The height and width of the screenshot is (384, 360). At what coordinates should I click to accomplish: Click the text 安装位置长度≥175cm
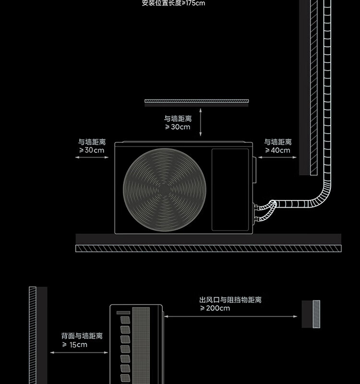173,3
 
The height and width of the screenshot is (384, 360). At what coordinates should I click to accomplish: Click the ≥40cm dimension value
277,150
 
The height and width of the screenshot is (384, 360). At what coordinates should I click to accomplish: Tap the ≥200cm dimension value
215,308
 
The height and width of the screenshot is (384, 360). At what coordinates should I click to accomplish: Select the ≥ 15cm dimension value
74,345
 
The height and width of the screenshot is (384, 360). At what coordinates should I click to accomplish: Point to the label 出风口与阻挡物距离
230,300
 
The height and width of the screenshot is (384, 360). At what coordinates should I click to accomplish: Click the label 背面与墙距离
82,336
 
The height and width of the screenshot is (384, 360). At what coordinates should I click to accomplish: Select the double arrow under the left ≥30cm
92,157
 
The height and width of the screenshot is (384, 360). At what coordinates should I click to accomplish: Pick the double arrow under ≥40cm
277,157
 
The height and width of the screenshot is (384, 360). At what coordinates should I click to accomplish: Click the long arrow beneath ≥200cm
231,316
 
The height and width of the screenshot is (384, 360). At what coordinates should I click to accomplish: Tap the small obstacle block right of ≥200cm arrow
311,314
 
